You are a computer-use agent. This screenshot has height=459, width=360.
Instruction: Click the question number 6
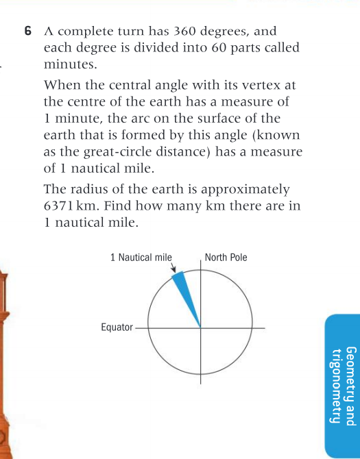pos(27,32)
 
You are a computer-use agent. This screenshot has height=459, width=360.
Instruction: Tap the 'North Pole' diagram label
pos(226,258)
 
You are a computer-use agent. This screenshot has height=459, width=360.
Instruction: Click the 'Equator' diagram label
pos(117,327)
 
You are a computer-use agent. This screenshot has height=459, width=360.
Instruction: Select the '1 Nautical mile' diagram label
pos(141,258)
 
